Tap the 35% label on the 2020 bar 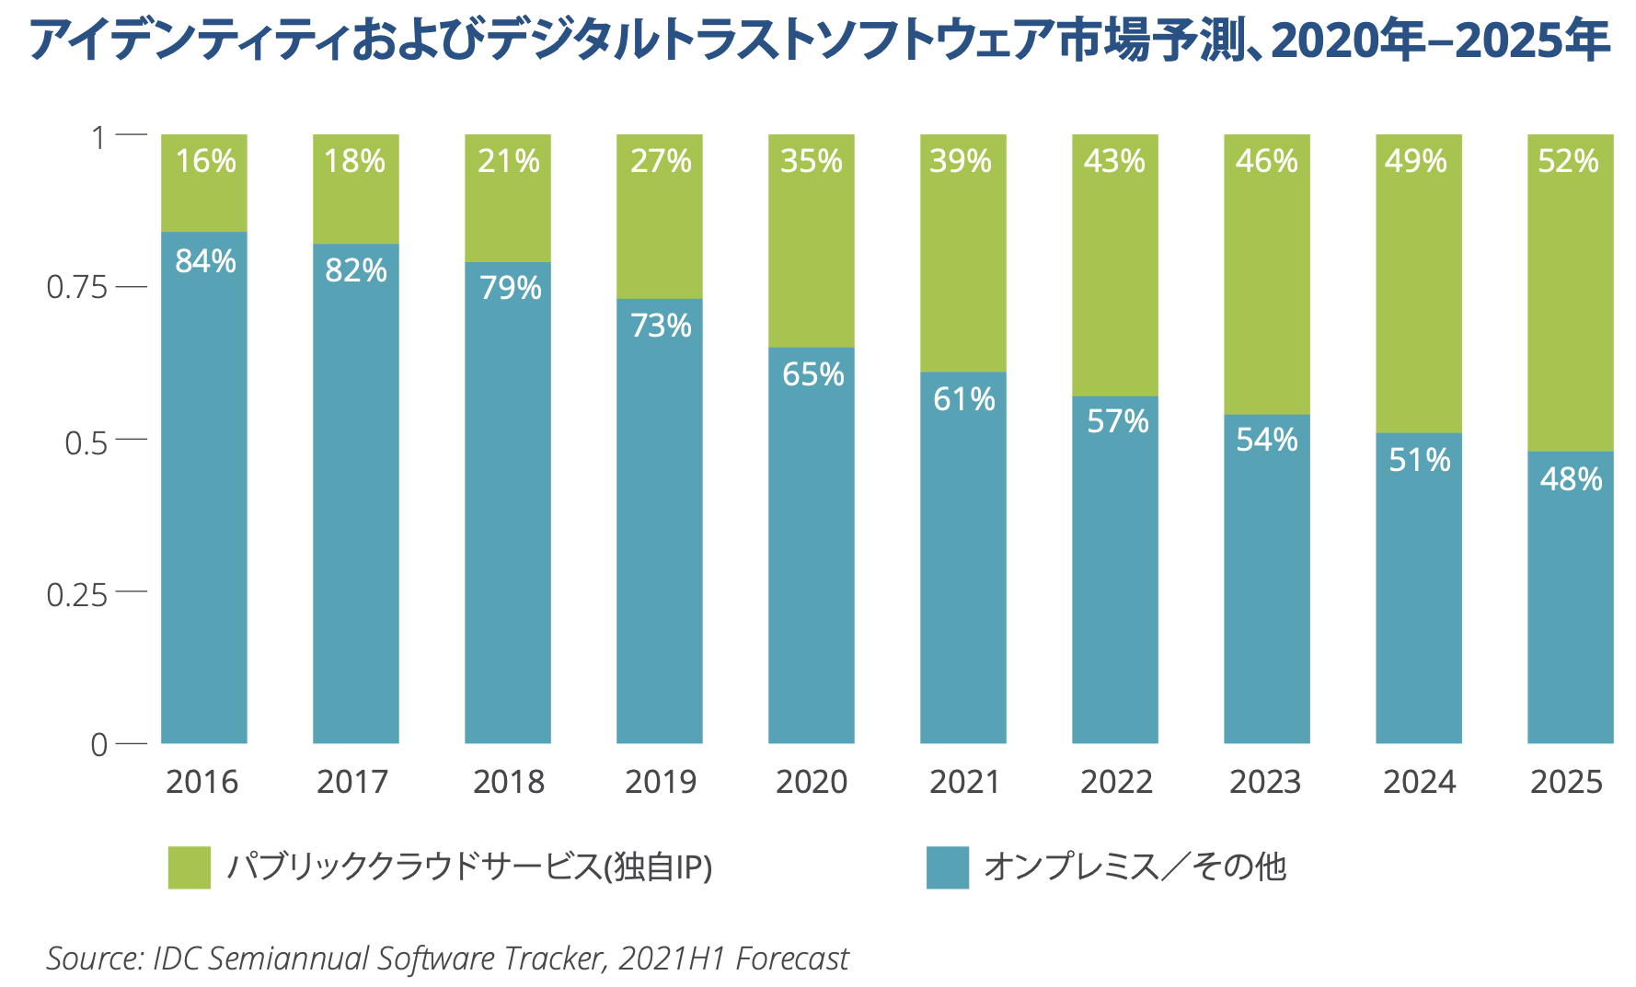point(811,162)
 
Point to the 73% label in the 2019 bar point(661,326)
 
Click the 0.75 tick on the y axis point(77,288)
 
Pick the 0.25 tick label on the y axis point(77,595)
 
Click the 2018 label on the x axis point(508,782)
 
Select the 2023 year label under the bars point(1265,782)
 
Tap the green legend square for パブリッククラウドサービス point(190,867)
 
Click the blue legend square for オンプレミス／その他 point(947,867)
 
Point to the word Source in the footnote point(92,958)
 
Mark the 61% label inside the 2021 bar point(963,399)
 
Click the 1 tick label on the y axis point(98,138)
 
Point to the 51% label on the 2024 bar point(1419,460)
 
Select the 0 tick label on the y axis point(98,745)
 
